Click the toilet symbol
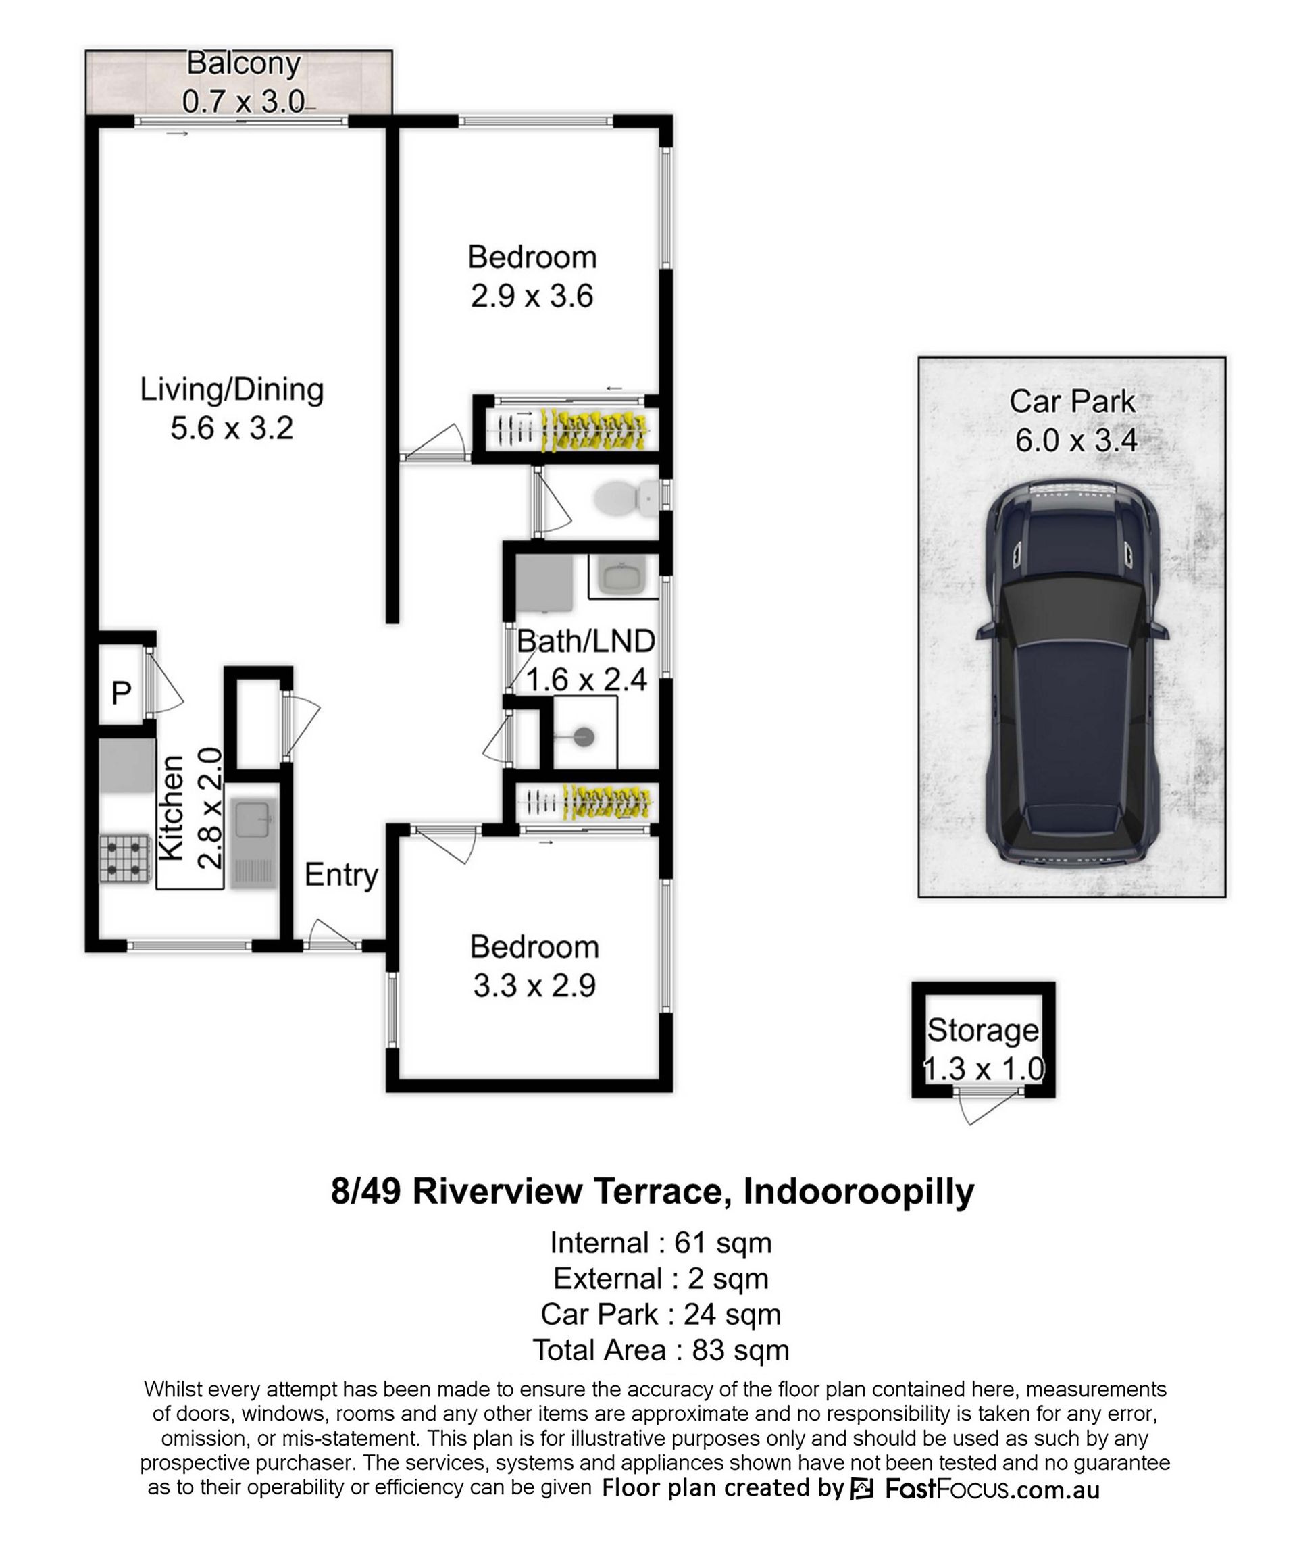(x=626, y=499)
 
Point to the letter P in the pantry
(x=122, y=693)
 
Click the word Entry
(x=341, y=875)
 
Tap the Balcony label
(x=244, y=63)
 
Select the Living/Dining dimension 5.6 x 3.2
(x=232, y=428)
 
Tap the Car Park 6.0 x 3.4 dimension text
(x=1075, y=440)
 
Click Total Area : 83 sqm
(x=661, y=1350)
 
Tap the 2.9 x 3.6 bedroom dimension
(x=532, y=296)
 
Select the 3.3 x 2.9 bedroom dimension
(x=534, y=986)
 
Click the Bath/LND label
(x=586, y=641)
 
